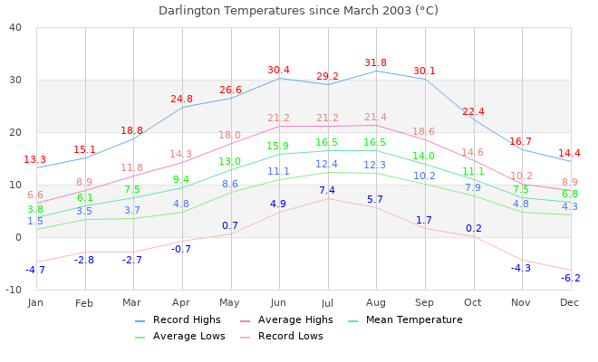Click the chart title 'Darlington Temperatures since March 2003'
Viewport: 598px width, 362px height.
point(298,11)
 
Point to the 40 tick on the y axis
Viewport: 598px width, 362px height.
point(15,27)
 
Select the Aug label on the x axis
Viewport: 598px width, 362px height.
point(375,301)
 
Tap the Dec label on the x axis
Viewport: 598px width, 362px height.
point(570,301)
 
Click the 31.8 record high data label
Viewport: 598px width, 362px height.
point(375,63)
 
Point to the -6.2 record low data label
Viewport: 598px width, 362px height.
point(570,278)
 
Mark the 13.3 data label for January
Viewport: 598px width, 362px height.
point(35,160)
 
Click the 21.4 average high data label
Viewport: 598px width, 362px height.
point(375,118)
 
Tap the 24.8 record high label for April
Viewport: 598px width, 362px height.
point(181,100)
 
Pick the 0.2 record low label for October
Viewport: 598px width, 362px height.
point(473,228)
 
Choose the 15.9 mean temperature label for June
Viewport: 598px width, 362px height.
point(278,147)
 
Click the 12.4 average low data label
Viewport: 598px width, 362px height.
point(327,165)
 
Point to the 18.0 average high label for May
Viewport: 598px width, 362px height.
point(230,136)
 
